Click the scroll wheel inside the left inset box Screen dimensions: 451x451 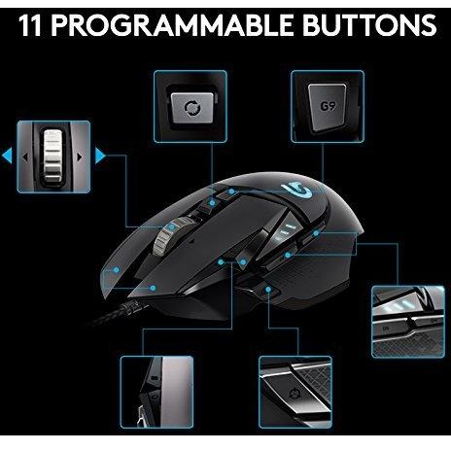52,154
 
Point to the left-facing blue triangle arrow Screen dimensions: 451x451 8,154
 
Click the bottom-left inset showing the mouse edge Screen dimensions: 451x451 152,393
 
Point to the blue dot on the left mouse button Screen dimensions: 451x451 153,288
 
